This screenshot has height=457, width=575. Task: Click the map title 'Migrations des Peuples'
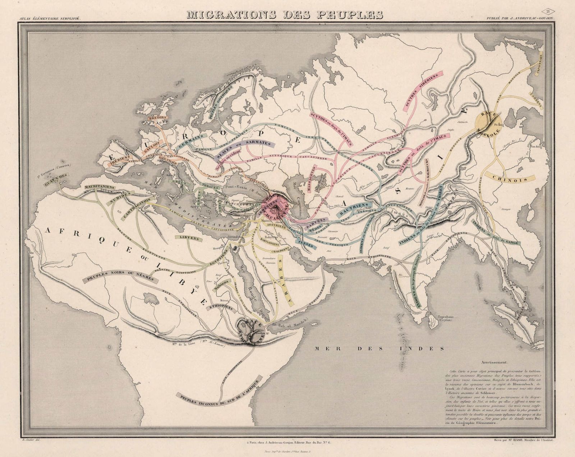tap(284, 15)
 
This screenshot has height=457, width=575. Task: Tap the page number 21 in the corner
tap(548, 11)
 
